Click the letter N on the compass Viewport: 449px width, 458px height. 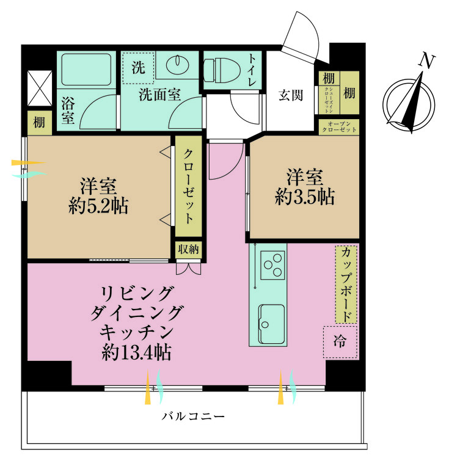coord(428,60)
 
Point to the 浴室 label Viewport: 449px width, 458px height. coord(67,110)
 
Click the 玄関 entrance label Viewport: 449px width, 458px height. coord(290,95)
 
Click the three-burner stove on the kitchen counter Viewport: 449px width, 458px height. coord(272,264)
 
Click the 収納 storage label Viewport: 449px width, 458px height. coord(188,249)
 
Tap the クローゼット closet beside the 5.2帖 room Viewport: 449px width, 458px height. coord(189,186)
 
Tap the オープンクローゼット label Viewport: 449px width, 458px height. coord(339,126)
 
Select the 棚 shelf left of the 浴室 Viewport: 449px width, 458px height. coord(39,122)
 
